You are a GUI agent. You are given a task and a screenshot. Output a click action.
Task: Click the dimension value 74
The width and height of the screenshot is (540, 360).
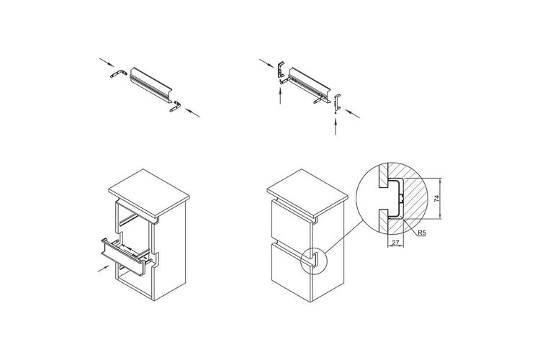pos(437,199)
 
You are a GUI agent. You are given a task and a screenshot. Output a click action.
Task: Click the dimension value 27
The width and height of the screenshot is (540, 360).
pos(395,243)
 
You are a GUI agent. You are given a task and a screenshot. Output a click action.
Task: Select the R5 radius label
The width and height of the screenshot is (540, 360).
pos(422,233)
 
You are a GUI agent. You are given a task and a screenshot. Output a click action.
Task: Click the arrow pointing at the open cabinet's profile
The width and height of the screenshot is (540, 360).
pos(104,269)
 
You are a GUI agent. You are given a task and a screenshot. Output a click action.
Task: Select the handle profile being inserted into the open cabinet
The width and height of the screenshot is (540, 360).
pos(122,256)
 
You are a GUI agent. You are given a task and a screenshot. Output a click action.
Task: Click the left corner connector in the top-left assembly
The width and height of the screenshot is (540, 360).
pos(119,73)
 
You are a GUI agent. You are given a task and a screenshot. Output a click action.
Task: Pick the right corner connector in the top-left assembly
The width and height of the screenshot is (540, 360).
pos(175,106)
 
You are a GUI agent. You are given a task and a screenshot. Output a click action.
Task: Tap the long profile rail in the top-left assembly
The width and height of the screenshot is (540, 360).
pos(151,85)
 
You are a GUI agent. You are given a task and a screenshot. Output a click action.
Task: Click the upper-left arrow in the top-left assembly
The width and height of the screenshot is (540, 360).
pos(107,63)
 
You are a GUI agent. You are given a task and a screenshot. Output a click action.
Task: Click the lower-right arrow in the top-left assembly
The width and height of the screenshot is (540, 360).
pos(192,112)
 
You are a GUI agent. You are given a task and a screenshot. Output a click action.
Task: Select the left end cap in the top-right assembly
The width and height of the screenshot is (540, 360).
pos(281,70)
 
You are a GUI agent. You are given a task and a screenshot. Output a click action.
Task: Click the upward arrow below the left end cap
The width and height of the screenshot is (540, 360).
pos(281,96)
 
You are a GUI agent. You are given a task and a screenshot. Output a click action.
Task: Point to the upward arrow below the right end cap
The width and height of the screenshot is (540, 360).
pos(336,126)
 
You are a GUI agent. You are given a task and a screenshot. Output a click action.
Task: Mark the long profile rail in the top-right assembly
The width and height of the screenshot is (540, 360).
pos(310,84)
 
